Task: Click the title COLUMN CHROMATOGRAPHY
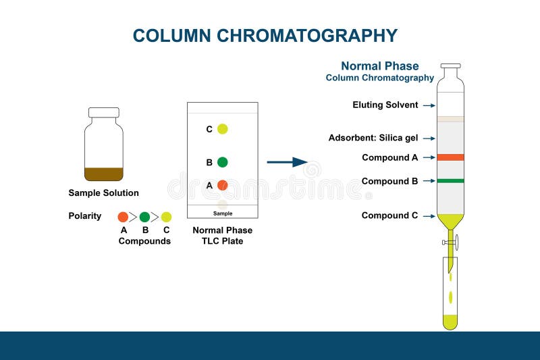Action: click(265, 35)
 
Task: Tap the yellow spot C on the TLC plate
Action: click(222, 129)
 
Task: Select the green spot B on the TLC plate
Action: click(222, 162)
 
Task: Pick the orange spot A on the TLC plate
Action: click(222, 185)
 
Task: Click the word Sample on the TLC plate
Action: click(223, 213)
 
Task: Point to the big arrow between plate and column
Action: click(287, 162)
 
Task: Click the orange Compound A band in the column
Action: click(450, 157)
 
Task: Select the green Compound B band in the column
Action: click(450, 181)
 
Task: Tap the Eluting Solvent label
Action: click(385, 105)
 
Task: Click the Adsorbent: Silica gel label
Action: click(373, 138)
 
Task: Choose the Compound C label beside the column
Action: click(389, 216)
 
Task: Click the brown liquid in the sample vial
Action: click(104, 174)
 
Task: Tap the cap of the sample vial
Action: click(104, 112)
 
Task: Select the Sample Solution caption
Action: click(103, 193)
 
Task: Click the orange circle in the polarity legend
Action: click(123, 217)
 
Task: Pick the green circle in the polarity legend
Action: click(144, 217)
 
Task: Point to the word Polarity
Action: click(85, 216)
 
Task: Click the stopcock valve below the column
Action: click(454, 240)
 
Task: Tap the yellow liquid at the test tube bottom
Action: click(450, 322)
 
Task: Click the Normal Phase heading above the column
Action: click(379, 66)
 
